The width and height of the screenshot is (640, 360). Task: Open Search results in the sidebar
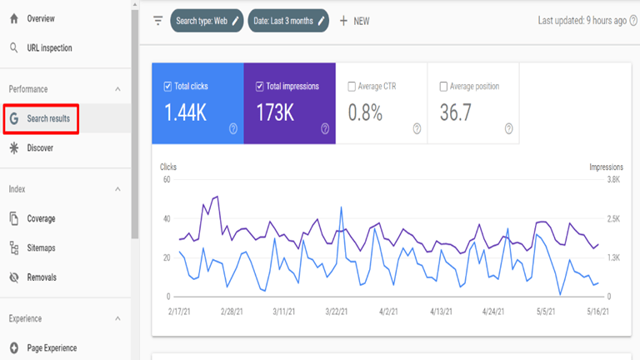tap(47, 119)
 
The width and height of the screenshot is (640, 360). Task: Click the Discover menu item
tap(39, 148)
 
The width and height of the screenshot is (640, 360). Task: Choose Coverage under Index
tap(41, 218)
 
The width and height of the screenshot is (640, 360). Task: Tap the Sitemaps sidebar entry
tap(41, 248)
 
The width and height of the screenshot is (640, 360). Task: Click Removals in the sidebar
tap(42, 277)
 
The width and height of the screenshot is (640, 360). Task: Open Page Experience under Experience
tap(52, 348)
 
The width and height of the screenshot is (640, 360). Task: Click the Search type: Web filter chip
tap(207, 21)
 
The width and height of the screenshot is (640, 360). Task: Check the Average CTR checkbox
tap(352, 86)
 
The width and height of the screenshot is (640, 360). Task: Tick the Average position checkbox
tap(444, 86)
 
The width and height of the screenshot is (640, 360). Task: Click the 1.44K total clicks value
tap(185, 113)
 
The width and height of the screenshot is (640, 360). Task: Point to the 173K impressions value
tap(275, 113)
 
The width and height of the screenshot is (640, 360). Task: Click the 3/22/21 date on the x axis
tap(340, 311)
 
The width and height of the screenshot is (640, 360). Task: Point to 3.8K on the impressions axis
tap(612, 179)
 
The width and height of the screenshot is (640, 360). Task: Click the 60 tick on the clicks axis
tap(167, 179)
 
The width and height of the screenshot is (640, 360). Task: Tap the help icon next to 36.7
tap(508, 128)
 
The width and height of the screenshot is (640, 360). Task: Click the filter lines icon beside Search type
tap(158, 21)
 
